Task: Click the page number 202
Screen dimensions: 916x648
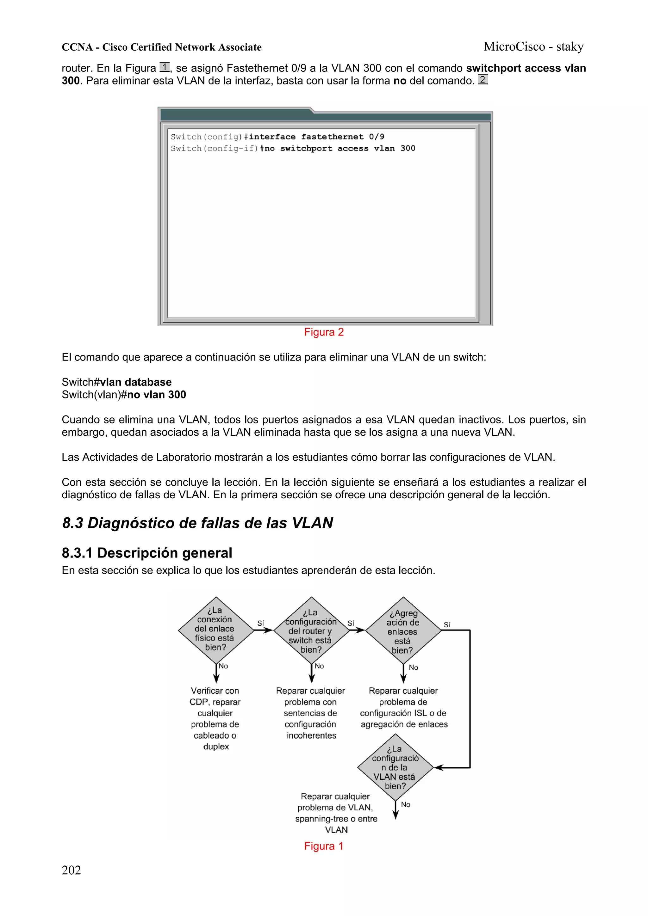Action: (x=71, y=870)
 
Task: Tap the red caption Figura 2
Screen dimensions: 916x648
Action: (x=323, y=332)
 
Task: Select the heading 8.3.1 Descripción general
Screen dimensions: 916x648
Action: (x=146, y=553)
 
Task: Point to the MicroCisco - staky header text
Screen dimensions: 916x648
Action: (x=533, y=47)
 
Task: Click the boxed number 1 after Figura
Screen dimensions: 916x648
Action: (x=164, y=67)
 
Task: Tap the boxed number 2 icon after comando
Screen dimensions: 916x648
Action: (x=483, y=80)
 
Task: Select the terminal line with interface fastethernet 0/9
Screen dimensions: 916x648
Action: (x=277, y=137)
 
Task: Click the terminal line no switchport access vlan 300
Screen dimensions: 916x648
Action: (x=293, y=148)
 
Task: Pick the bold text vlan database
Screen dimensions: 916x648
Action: (x=136, y=382)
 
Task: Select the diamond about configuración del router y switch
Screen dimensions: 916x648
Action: (x=311, y=630)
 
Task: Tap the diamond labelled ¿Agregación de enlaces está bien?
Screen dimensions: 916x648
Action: (x=403, y=630)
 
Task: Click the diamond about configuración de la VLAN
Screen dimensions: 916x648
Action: (x=395, y=767)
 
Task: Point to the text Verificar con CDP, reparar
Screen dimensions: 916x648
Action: (x=215, y=696)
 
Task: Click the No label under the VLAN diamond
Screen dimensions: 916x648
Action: (x=405, y=804)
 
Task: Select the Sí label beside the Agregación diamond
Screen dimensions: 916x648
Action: (x=447, y=625)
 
